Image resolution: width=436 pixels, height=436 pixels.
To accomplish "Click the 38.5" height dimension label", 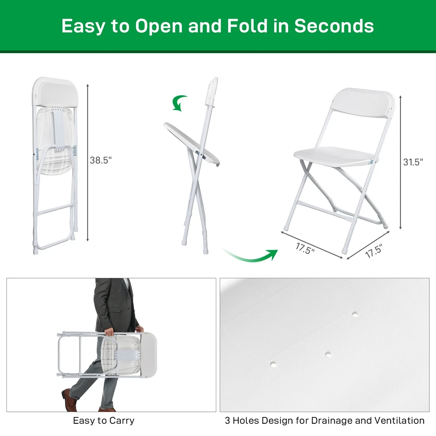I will (101, 160).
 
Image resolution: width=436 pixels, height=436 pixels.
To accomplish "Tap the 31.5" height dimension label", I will (413, 162).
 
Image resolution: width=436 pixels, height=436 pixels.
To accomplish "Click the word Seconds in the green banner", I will (334, 26).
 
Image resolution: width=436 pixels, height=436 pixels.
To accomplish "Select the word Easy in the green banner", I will (83, 26).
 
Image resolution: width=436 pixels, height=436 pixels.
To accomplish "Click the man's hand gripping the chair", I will (109, 332).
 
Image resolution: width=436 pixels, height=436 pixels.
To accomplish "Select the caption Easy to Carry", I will (104, 421).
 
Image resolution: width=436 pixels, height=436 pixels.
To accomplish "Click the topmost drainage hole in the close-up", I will (354, 314).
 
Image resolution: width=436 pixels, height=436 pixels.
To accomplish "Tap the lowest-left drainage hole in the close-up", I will (273, 364).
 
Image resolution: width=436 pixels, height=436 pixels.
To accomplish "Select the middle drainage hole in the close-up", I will (327, 353).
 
